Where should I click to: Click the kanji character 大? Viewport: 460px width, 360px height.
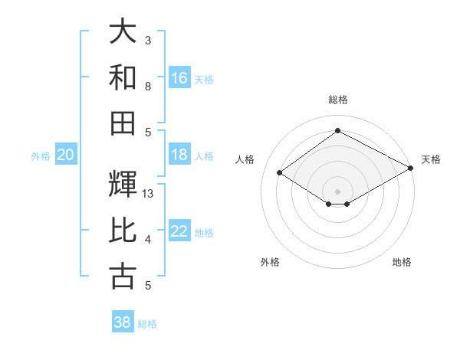[x=123, y=31]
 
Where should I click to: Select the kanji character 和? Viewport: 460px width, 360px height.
[x=123, y=77]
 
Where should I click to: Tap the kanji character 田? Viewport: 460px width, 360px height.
[x=123, y=123]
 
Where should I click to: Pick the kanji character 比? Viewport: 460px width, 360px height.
[x=123, y=231]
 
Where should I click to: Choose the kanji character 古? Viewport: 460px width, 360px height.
[x=123, y=277]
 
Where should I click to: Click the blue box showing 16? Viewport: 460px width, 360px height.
[x=179, y=78]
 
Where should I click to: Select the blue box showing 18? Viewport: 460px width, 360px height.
[x=179, y=155]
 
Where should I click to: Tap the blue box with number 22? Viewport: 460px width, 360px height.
[x=179, y=232]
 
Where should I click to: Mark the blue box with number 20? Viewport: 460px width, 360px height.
[x=65, y=155]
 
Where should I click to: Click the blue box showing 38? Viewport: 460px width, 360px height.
[x=123, y=322]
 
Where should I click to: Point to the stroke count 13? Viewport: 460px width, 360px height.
[x=148, y=194]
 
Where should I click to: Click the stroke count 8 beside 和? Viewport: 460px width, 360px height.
[x=148, y=87]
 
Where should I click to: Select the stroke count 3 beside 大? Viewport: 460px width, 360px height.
[x=148, y=41]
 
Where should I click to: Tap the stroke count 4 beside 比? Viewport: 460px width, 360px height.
[x=148, y=240]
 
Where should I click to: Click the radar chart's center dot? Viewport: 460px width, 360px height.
[x=337, y=191]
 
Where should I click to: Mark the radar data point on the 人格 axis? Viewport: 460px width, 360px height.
[x=280, y=173]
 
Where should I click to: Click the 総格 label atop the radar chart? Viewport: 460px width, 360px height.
[x=337, y=100]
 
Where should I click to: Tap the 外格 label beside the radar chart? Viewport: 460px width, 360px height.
[x=270, y=262]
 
